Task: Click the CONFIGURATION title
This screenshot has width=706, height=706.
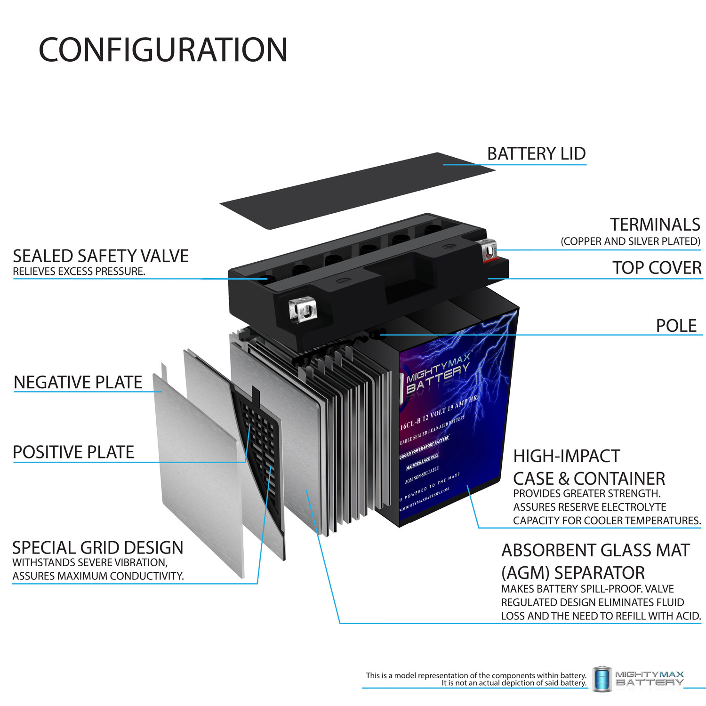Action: [163, 50]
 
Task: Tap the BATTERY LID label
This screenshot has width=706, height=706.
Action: [536, 154]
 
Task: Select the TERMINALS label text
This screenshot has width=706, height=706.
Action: [655, 225]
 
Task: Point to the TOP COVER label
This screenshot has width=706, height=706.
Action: [657, 268]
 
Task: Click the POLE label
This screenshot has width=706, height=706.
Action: [676, 326]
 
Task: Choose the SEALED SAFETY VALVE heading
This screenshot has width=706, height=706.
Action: [100, 256]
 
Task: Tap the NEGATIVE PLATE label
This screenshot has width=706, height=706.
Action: [78, 382]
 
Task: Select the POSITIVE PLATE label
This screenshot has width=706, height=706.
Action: [73, 452]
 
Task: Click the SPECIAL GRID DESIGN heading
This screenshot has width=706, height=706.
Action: [97, 548]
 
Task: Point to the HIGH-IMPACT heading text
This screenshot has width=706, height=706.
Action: [566, 456]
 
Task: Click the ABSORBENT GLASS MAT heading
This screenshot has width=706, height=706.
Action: [595, 550]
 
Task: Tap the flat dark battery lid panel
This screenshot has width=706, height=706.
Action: [358, 191]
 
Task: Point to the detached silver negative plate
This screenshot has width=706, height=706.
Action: [198, 471]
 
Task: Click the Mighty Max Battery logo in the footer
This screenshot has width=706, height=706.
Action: [638, 679]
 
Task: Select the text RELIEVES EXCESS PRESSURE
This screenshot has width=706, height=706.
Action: [79, 272]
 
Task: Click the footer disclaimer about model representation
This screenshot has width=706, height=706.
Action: [476, 679]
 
